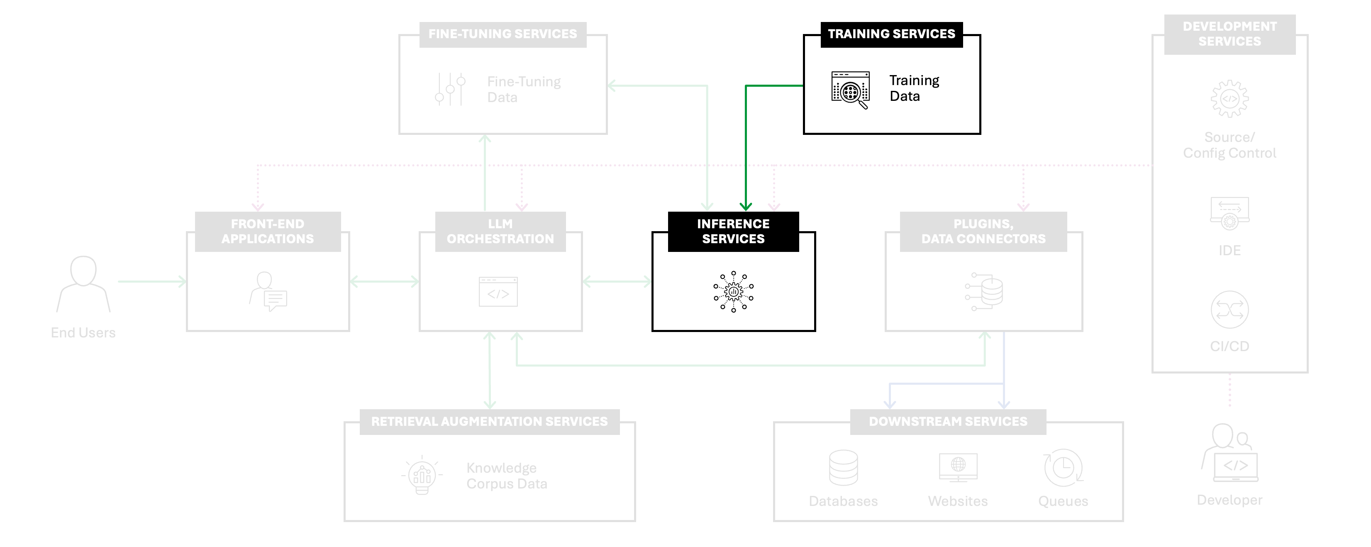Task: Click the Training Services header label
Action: coord(891,34)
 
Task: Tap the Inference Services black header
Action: coord(733,232)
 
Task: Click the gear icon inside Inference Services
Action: coord(733,292)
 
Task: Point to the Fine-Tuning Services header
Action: coord(503,34)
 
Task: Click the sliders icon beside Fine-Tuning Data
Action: coord(450,89)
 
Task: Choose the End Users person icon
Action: coord(83,283)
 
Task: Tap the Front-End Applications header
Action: coord(268,232)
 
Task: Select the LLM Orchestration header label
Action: coord(500,232)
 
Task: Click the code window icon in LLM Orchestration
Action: coord(498,292)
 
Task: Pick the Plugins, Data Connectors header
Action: coord(983,232)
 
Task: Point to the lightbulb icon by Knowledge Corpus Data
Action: coord(422,475)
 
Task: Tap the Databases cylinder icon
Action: coord(844,468)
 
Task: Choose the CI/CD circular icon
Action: coord(1230,310)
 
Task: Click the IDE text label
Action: coord(1230,251)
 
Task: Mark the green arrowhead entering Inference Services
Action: coord(746,206)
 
